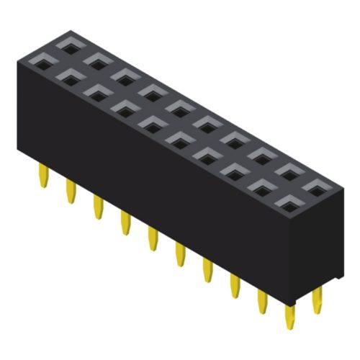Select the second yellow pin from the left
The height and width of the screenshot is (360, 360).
[71, 191]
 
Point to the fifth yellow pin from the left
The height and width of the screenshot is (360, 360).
[152, 237]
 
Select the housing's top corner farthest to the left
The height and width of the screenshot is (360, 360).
[17, 59]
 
